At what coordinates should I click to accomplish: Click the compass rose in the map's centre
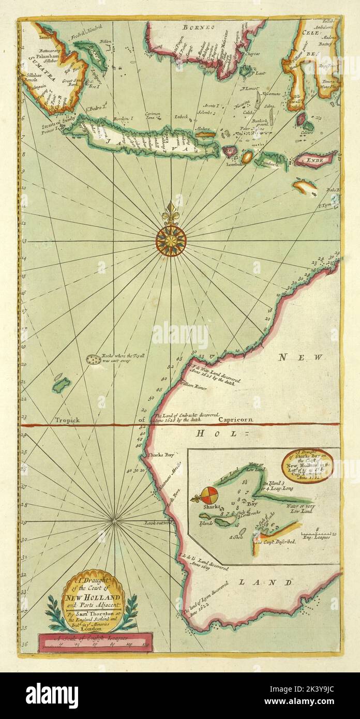(171, 241)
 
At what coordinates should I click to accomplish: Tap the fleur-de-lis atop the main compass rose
(171, 212)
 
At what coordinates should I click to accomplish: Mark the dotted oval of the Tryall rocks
(93, 360)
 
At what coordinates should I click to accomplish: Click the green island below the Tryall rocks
(61, 384)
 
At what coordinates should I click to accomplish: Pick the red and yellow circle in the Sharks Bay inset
(209, 495)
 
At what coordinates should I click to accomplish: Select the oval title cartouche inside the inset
(308, 466)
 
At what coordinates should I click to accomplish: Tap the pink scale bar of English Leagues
(96, 641)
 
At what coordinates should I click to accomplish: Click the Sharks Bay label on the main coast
(161, 455)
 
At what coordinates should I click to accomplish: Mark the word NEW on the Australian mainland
(300, 357)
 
